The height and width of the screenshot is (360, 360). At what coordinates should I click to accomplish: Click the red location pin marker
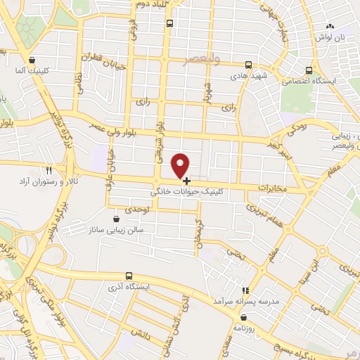181,165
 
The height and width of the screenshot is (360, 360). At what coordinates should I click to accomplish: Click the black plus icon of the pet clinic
186,181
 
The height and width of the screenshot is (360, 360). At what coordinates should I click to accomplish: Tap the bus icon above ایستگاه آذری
128,276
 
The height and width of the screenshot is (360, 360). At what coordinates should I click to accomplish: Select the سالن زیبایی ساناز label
115,230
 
